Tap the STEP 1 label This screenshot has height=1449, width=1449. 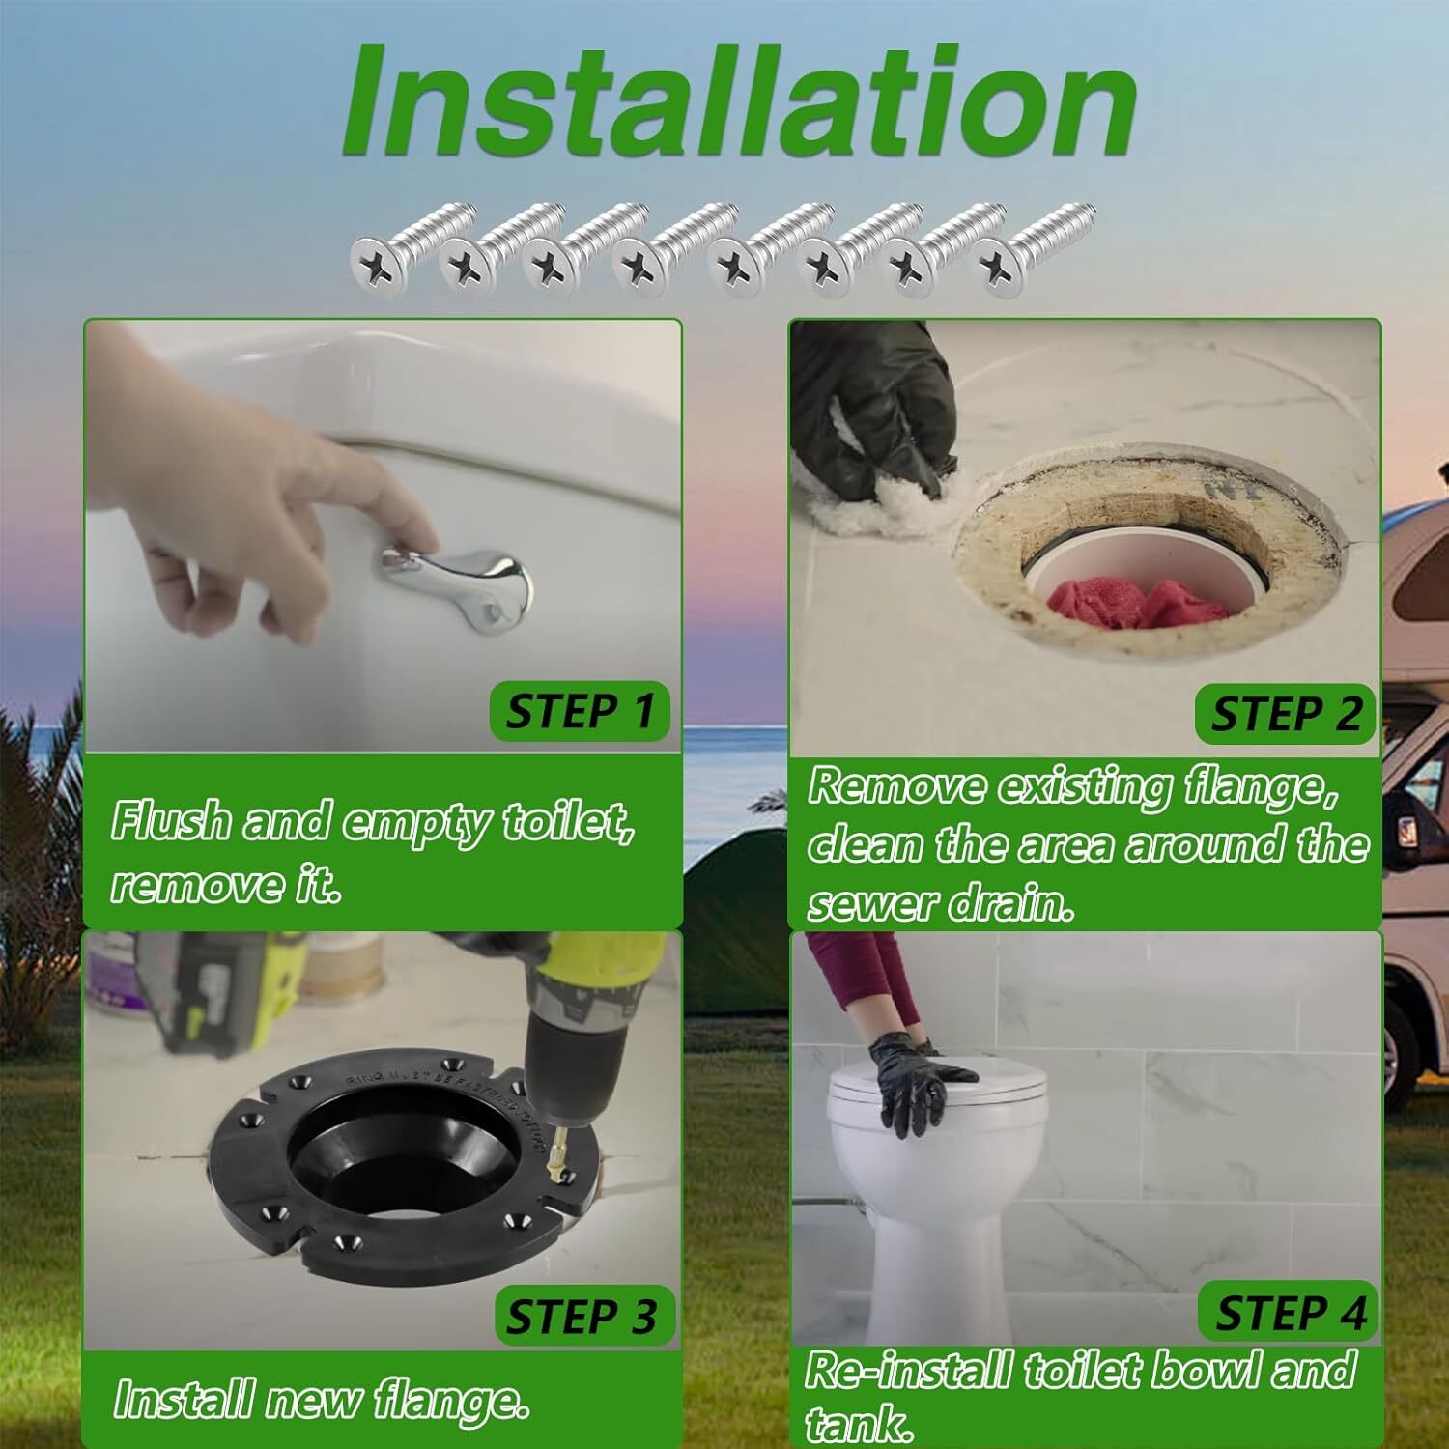[x=580, y=712]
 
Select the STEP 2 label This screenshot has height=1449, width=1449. [x=1285, y=715]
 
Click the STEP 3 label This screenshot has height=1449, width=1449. [x=581, y=1317]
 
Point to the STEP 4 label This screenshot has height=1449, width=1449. [x=1290, y=1314]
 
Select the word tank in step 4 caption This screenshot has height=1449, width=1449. [x=858, y=1423]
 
